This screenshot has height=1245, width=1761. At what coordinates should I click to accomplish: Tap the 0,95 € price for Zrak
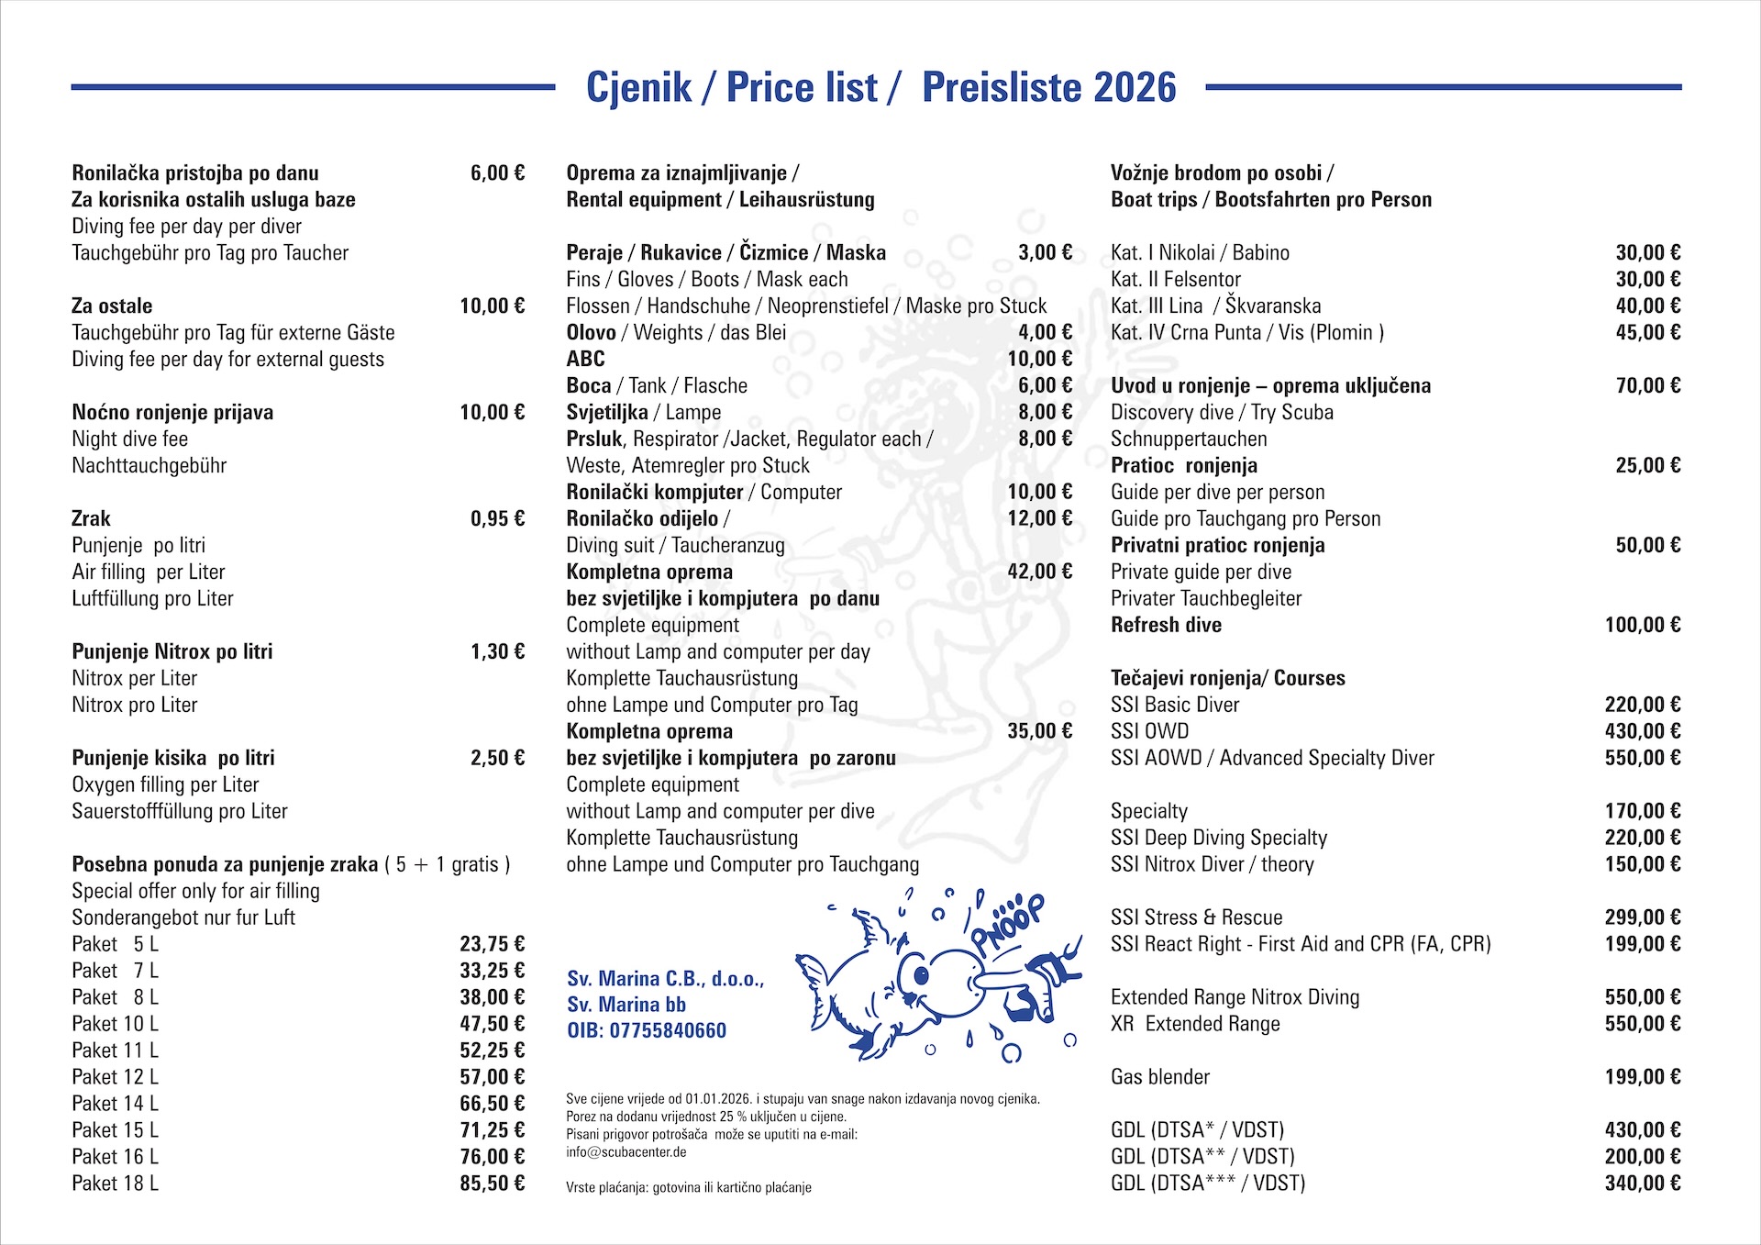tap(497, 519)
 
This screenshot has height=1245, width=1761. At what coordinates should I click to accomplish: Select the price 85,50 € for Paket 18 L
tap(492, 1184)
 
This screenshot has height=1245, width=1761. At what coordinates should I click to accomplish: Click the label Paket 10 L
tap(115, 1024)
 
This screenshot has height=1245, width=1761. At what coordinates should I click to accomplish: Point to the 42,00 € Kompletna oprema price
tap(1039, 572)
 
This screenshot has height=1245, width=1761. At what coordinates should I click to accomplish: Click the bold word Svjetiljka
tap(607, 413)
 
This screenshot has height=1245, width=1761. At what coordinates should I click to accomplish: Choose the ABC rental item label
tap(585, 360)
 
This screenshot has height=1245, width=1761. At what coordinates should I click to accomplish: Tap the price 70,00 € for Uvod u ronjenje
tap(1647, 386)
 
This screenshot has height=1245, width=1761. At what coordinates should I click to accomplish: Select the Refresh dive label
tap(1166, 626)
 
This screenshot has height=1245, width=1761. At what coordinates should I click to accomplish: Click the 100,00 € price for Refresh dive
tap(1642, 626)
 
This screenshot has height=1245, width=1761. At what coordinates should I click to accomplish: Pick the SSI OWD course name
tap(1149, 732)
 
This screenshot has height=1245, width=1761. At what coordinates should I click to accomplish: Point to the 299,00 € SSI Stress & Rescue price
tap(1642, 917)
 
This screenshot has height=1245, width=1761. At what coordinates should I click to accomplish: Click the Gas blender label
tap(1160, 1077)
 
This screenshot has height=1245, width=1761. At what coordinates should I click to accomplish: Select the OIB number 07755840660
tap(668, 1031)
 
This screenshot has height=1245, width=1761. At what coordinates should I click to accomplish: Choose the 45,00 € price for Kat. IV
tap(1647, 333)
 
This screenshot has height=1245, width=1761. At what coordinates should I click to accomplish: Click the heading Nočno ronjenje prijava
tap(172, 413)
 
